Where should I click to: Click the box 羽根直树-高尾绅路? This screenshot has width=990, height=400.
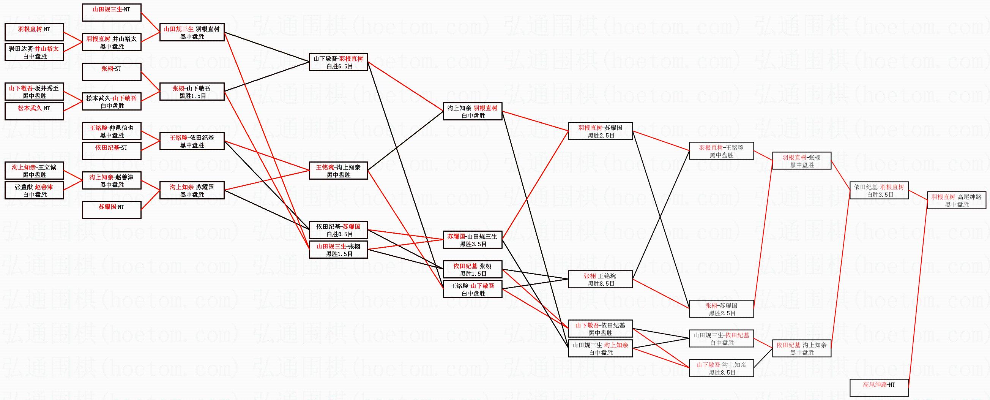click(956, 201)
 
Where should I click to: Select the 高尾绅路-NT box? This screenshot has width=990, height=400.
click(879, 388)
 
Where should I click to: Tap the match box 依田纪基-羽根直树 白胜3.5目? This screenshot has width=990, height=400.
click(879, 190)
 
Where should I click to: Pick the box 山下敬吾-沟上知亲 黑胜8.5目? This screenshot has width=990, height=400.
click(721, 368)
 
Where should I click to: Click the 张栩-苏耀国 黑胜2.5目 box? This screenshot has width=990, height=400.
click(721, 309)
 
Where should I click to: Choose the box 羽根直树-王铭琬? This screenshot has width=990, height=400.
click(721, 151)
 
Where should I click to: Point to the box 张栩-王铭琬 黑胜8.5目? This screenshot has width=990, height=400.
click(600, 279)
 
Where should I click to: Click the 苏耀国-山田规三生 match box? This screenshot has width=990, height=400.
click(472, 240)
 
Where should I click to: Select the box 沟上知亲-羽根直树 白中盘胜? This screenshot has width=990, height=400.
click(472, 112)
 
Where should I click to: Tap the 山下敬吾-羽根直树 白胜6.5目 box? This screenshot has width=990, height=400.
click(338, 62)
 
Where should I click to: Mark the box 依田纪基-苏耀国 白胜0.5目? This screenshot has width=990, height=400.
click(338, 230)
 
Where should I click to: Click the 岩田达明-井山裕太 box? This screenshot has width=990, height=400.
click(34, 52)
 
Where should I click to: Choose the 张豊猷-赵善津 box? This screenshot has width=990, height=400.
click(34, 190)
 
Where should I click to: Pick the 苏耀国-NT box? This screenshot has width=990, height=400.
click(112, 210)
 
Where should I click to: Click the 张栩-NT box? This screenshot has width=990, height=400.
click(112, 72)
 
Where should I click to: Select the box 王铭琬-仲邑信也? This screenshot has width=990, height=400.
click(112, 131)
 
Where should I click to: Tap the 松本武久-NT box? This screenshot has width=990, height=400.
click(34, 112)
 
